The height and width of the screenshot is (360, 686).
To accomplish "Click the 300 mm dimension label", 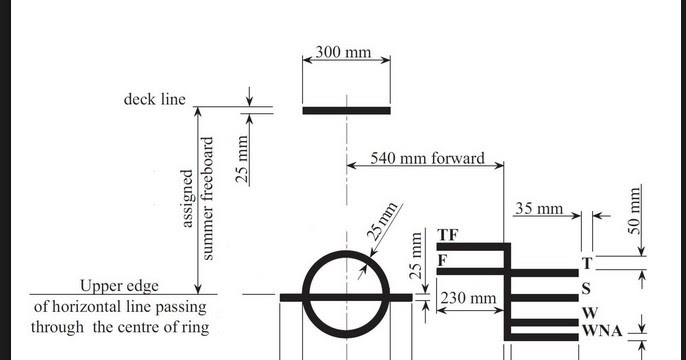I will click(x=344, y=51).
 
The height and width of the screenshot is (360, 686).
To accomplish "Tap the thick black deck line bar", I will click(x=346, y=110).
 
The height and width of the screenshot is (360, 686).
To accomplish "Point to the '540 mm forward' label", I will click(x=427, y=158).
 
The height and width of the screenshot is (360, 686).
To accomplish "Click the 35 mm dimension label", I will click(x=539, y=209).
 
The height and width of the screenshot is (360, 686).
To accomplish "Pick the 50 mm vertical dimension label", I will click(x=633, y=209).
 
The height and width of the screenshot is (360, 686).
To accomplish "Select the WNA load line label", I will click(x=603, y=331).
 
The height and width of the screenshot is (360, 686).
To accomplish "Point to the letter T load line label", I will click(x=587, y=263).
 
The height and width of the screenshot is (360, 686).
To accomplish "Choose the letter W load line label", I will click(x=590, y=314).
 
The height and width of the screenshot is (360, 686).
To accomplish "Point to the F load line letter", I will click(x=442, y=261).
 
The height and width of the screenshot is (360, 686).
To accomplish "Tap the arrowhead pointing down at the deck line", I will click(x=249, y=102).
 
